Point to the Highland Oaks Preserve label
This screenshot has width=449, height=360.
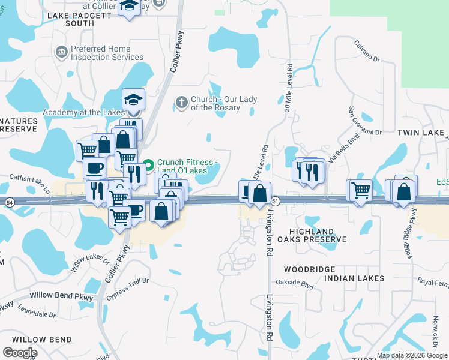(318, 235)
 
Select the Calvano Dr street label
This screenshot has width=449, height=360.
(367, 52)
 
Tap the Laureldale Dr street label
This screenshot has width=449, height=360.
(37, 314)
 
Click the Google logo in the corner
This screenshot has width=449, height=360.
(20, 353)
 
